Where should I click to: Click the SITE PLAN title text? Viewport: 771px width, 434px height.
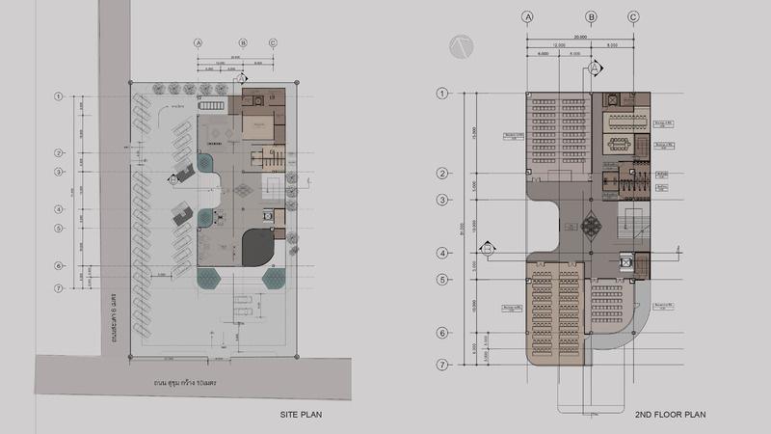pos(300,415)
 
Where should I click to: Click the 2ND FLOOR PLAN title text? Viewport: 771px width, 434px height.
pos(671,415)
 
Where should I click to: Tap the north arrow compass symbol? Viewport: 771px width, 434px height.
pos(460,44)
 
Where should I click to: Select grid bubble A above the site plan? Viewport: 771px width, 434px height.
pos(199,42)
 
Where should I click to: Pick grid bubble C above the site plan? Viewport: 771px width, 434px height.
pos(274,42)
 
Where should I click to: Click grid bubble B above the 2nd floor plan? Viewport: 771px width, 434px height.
pos(592,16)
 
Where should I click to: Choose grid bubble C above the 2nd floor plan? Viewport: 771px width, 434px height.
pos(633,16)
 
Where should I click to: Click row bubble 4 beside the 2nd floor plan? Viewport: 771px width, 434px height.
pos(443,253)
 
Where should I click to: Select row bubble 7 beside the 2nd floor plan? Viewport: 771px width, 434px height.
pos(443,365)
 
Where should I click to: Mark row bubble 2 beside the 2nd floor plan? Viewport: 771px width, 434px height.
pos(443,174)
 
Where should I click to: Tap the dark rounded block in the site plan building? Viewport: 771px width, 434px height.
pos(256,247)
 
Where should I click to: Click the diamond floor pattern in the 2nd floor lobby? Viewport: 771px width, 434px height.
pos(592,225)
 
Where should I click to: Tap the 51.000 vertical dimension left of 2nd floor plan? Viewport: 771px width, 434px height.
pos(465,231)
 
